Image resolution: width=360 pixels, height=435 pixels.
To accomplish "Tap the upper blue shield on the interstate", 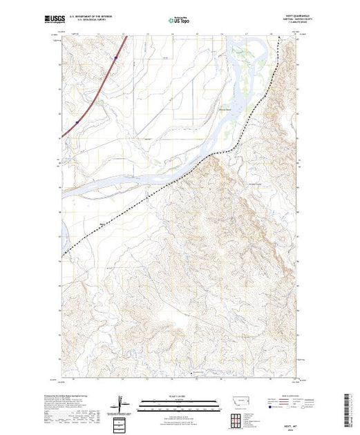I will coord(101,101).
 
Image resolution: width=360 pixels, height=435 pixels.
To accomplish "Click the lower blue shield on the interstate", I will coord(77,122).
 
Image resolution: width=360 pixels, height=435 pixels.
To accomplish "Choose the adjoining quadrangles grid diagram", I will coord(238,419).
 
